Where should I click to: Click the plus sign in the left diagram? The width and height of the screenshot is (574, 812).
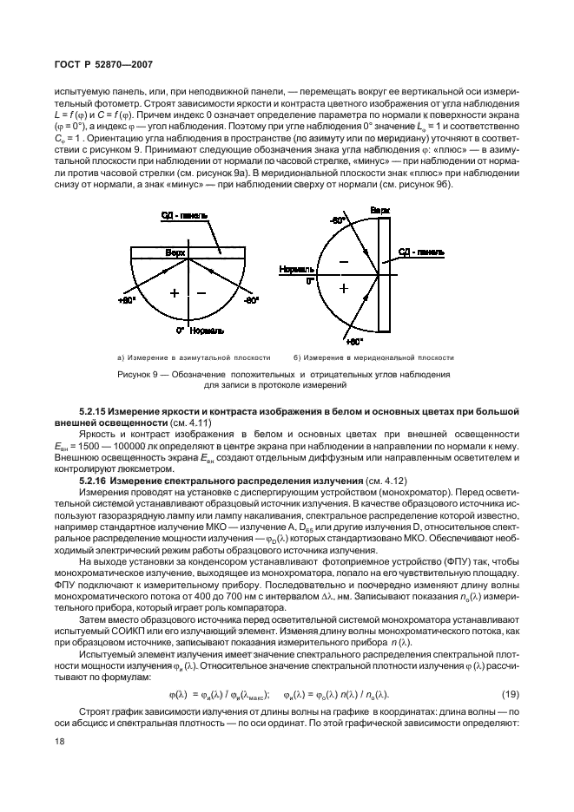click(x=174, y=293)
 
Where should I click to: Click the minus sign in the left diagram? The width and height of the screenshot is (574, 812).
click(x=201, y=293)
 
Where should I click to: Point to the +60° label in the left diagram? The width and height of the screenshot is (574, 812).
click(x=127, y=300)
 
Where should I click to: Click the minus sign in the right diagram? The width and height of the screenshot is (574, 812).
click(x=343, y=261)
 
